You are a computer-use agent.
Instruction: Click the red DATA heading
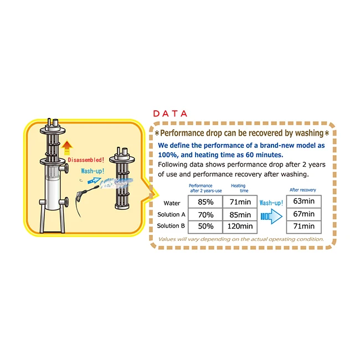pos(170,114)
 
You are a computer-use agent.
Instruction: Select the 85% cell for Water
pos(205,202)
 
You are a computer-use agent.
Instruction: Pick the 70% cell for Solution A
pos(205,214)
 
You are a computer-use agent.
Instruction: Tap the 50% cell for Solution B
pos(205,226)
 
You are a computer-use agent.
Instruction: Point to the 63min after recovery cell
pos(303,201)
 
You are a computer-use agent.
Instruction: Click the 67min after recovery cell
pos(303,214)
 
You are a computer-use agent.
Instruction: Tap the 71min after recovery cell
pos(303,226)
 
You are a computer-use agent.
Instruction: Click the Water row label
pos(172,203)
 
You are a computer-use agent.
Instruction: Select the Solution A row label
pos(171,215)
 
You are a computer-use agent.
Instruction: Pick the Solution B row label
pos(171,226)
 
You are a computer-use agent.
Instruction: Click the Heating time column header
pos(239,188)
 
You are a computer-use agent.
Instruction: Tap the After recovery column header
pos(303,190)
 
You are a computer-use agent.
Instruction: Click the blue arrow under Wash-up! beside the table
pos(271,215)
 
